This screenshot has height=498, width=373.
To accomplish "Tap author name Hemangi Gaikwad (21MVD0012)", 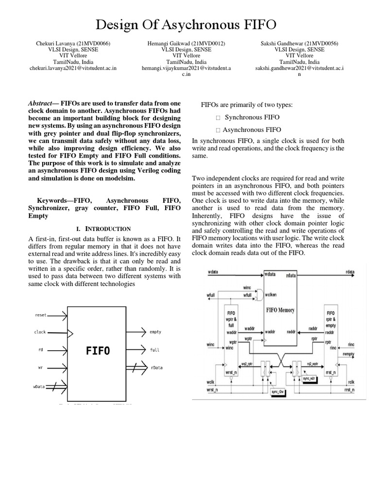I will (186, 43).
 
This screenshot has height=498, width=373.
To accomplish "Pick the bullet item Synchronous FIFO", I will (252, 117).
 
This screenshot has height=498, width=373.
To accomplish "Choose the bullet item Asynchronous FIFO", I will (252, 130).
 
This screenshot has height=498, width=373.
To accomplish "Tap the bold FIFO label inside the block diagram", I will (98, 350).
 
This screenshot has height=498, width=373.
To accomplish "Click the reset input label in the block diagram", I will (41, 315).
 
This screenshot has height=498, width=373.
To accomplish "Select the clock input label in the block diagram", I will (40, 332).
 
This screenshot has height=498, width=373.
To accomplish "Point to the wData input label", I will (39, 386).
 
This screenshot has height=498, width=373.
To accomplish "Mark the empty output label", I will (155, 332).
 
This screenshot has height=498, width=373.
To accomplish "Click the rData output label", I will (156, 368).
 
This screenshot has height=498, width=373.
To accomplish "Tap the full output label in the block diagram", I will (154, 350).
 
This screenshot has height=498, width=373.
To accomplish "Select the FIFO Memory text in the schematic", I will (280, 310).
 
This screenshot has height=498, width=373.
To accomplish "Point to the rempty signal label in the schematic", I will (348, 354).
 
